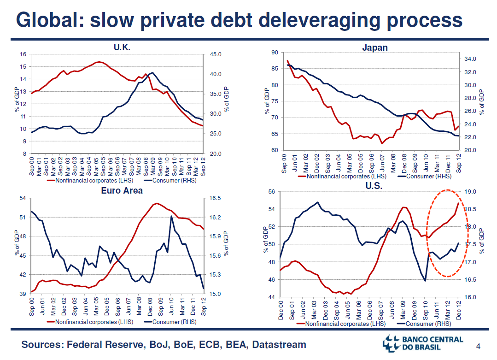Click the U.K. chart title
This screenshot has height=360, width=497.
pos(122,47)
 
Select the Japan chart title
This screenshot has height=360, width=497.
pos(374,47)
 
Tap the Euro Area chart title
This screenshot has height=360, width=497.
pos(122,190)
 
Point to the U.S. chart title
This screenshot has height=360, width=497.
pos(374,186)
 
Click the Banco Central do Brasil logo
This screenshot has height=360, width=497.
pos(423,343)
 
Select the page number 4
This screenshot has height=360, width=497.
pos(478,346)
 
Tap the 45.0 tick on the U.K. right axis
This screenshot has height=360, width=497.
pos(215,54)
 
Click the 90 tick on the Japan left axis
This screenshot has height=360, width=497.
pos(275,53)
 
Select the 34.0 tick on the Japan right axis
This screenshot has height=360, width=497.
pos(468,59)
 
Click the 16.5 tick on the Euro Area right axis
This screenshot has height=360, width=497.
pos(215,198)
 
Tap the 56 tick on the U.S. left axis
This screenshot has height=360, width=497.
pos(271,192)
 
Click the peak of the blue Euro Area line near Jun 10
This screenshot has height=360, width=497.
pos(171,216)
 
